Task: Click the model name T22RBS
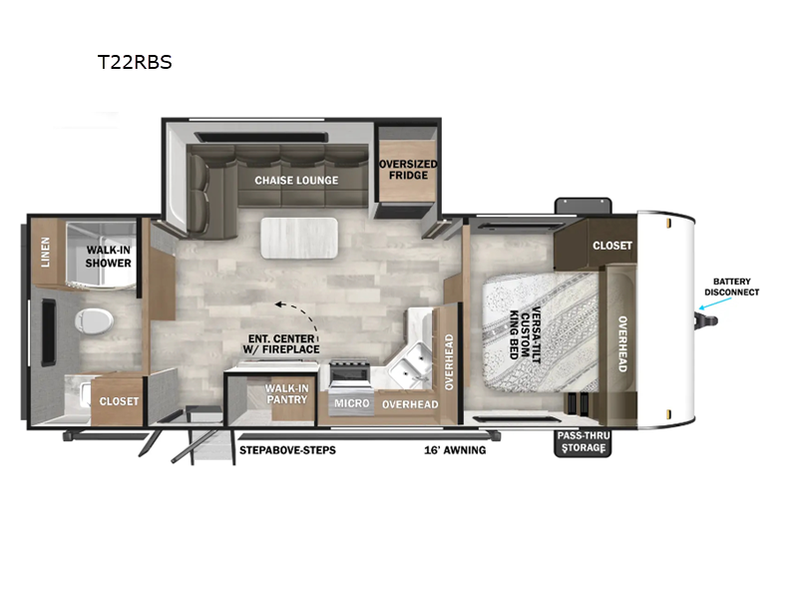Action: (x=135, y=62)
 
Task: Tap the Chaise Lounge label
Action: (x=296, y=181)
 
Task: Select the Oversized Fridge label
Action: (x=408, y=170)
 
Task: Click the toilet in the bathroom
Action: (x=94, y=320)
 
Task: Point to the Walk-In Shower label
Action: (x=109, y=257)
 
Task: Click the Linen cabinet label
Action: (x=45, y=252)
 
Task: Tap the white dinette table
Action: (x=299, y=238)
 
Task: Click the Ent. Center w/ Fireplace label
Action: (x=281, y=343)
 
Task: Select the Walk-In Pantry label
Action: (x=287, y=393)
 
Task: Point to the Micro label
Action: (x=352, y=403)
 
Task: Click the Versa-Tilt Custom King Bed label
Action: (x=526, y=333)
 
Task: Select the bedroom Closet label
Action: (x=612, y=246)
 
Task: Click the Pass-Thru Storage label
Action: (x=584, y=441)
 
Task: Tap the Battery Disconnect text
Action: (x=732, y=287)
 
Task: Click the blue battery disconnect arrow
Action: (x=714, y=303)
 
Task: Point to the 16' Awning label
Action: (x=455, y=450)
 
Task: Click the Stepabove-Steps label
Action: (x=287, y=450)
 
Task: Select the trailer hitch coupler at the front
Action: (x=707, y=320)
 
